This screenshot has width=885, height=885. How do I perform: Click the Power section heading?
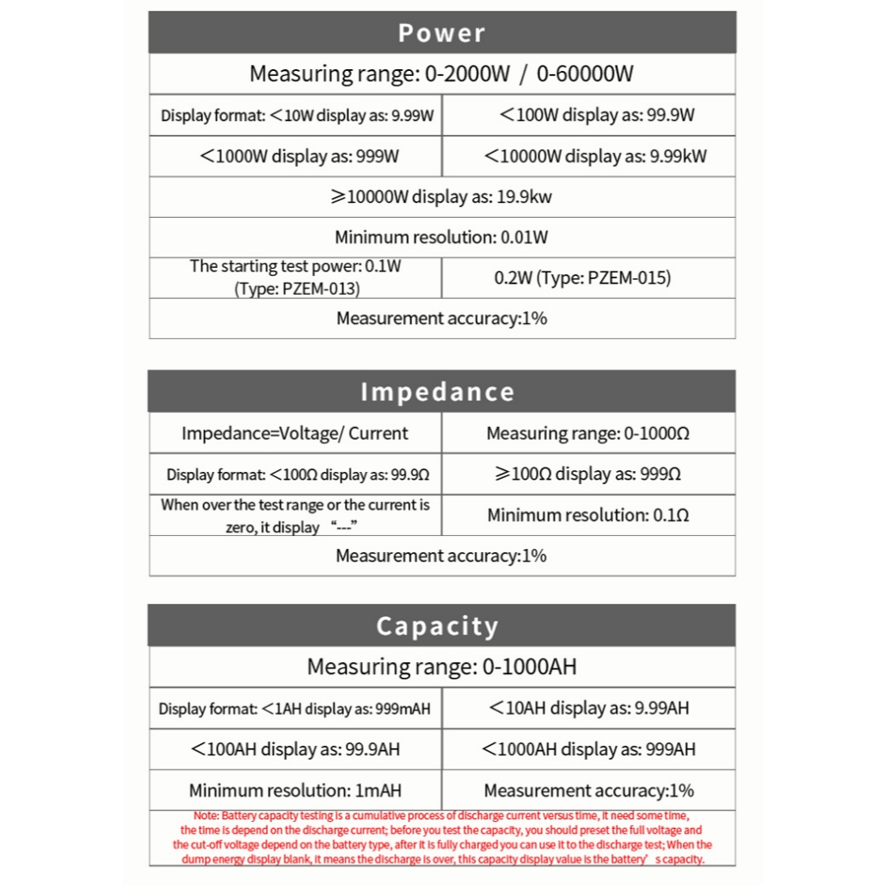pos(442,33)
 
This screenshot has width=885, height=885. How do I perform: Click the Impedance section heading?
pos(437,392)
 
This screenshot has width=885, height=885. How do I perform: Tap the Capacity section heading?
pos(437,626)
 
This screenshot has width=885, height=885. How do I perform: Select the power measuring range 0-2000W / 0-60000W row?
pos(442,73)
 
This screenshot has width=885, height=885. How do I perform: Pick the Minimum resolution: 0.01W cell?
pos(442,237)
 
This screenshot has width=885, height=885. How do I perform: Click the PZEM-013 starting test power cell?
pos(296,277)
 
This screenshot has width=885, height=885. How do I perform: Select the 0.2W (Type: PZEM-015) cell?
pos(583,277)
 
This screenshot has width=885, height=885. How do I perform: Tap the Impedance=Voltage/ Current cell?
pos(295,433)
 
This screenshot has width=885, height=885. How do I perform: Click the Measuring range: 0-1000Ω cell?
pos(588,433)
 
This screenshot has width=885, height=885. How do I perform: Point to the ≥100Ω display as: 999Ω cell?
pos(588,474)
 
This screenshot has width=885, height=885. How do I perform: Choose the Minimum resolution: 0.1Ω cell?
pos(588,515)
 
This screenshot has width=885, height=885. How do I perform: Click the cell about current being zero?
pos(295,515)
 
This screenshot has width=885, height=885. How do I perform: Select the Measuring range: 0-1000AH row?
pos(442,666)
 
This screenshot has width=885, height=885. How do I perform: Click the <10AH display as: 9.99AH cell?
pos(589,709)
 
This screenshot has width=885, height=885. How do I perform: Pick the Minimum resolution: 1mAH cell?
pos(295,790)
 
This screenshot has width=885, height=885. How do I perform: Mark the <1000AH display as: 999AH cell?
pos(589,749)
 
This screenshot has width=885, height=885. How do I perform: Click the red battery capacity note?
pos(442,837)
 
